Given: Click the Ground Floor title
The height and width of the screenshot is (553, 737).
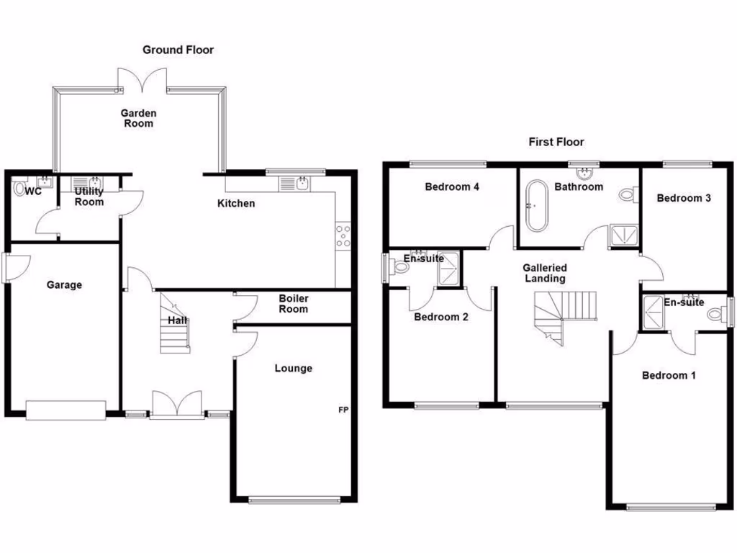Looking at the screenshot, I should (178, 50).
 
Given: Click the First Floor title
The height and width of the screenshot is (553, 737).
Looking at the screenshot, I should (556, 142).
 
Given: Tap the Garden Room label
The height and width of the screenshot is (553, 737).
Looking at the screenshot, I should (138, 118).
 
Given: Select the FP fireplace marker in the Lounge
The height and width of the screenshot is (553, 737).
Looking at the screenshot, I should (344, 410).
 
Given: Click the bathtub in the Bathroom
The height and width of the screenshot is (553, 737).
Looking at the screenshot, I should (535, 207).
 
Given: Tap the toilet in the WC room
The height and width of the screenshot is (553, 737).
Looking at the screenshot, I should (19, 189).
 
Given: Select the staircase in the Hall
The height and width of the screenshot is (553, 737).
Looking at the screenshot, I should (173, 324).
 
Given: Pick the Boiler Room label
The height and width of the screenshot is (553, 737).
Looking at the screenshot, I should (293, 304).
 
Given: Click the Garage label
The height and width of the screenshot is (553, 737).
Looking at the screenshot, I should (64, 284).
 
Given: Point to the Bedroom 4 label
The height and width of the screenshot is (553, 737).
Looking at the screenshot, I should (452, 187).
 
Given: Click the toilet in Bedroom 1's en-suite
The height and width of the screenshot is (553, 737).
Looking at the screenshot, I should (715, 314).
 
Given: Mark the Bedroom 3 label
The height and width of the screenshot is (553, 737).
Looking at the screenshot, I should (684, 198).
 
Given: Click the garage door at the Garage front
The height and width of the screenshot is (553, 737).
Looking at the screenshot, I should (65, 410).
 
